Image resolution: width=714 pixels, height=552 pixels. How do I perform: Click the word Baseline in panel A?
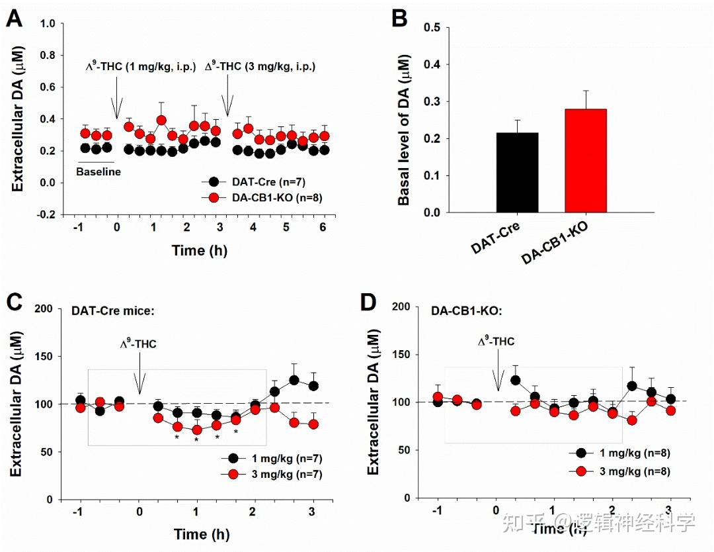[x=99, y=171]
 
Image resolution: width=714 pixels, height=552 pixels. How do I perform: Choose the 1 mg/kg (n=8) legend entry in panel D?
[x=625, y=453]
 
